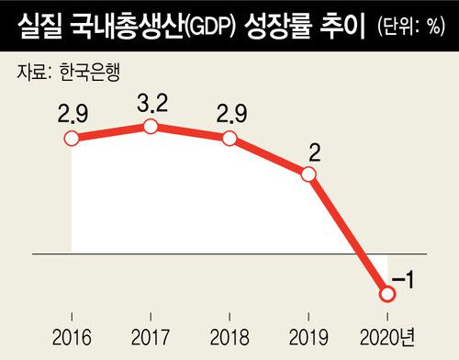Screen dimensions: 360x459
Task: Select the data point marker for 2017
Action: point(151,126)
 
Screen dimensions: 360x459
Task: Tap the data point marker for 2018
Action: point(229,140)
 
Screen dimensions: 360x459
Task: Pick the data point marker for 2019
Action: point(309,172)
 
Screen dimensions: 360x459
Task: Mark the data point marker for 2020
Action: point(386,294)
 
